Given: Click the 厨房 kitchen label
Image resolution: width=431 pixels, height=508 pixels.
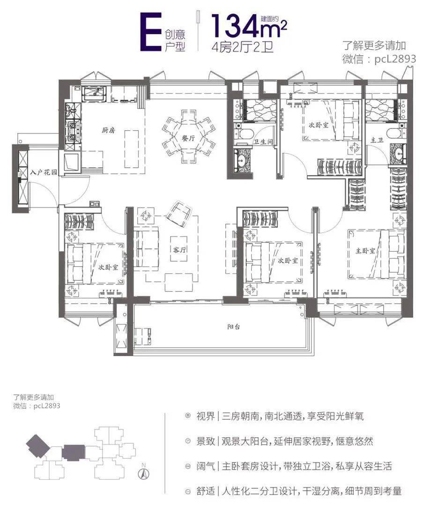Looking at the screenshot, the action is [108, 131].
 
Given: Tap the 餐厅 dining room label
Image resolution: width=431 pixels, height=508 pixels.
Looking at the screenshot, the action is [188, 138].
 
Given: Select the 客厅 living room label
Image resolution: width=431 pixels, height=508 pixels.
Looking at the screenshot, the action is [180, 249].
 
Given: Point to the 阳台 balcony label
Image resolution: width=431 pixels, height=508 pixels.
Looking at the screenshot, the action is [233, 327].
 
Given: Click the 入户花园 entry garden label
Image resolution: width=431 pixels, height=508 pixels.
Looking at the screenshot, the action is [44, 172].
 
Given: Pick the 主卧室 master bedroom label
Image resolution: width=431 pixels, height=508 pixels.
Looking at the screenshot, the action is [365, 250].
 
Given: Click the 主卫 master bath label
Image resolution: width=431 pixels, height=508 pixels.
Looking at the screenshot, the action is [377, 140].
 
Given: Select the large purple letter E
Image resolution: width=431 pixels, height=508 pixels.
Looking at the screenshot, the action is [150, 32].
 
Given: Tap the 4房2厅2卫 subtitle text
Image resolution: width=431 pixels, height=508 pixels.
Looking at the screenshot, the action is [243, 47].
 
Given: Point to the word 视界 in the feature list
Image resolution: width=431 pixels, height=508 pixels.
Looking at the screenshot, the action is [206, 416].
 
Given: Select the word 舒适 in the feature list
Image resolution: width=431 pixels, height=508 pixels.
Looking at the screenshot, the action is [206, 491].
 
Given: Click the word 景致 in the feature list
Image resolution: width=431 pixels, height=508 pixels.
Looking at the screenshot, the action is [206, 441].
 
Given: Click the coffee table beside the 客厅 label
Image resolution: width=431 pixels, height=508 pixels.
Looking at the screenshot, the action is [180, 248].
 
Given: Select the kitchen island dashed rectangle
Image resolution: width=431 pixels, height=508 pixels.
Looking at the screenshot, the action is [132, 149].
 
